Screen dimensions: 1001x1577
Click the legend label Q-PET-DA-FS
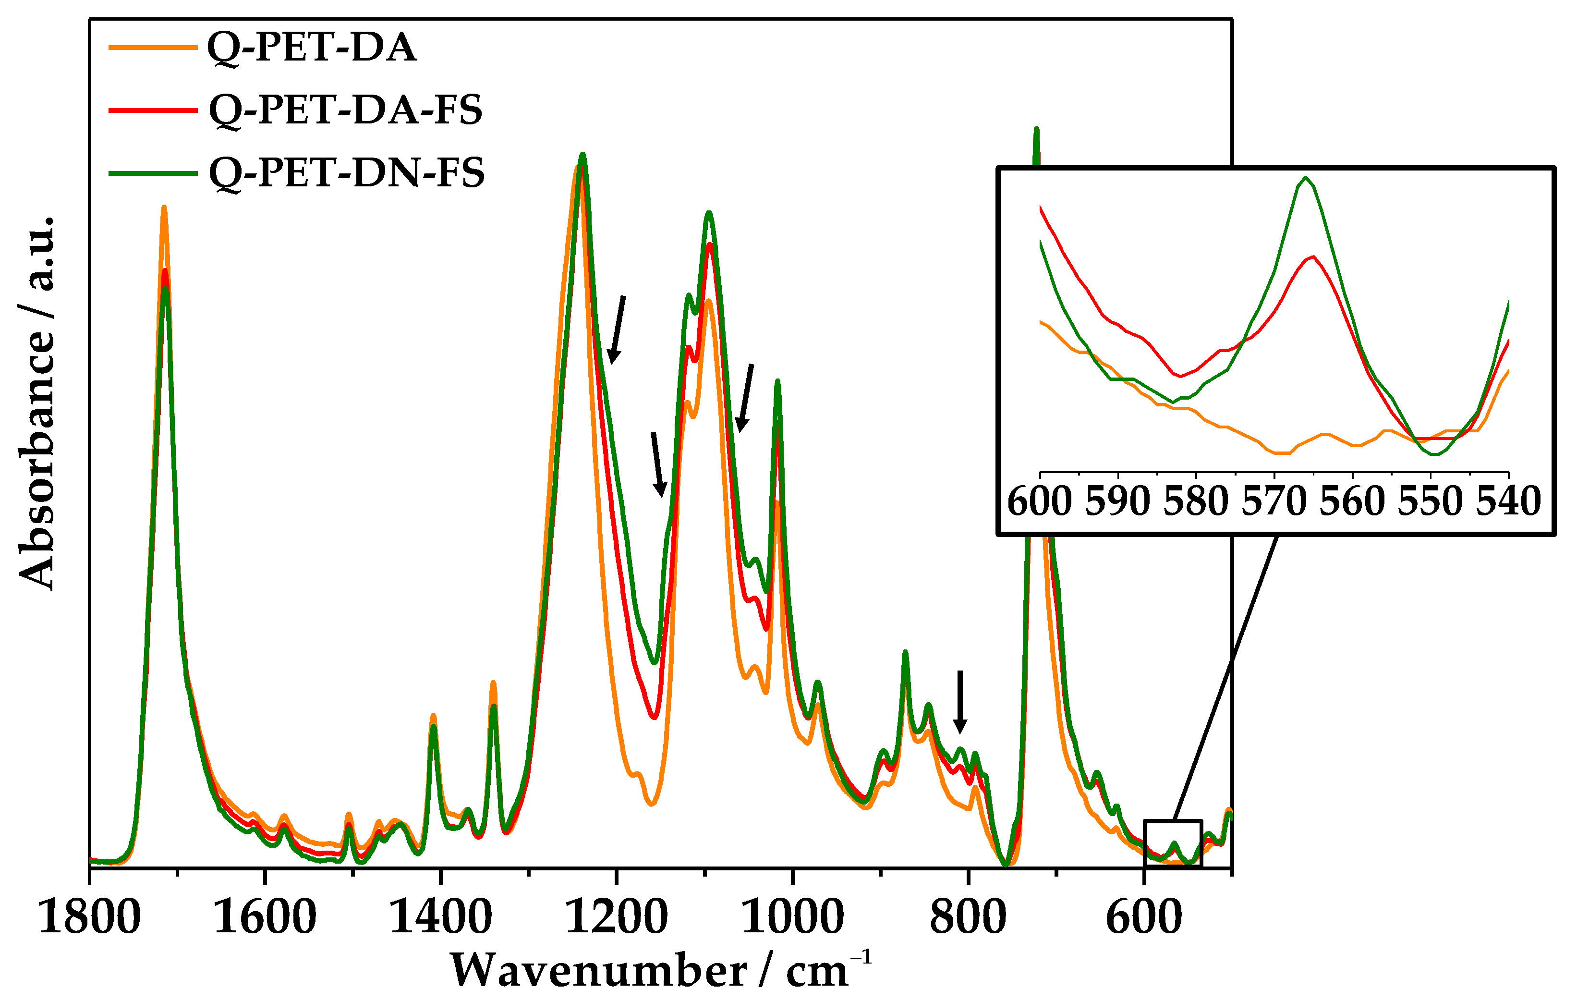[x=345, y=110]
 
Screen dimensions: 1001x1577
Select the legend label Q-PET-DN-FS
[x=346, y=173]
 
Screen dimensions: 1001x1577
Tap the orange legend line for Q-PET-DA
[x=153, y=47]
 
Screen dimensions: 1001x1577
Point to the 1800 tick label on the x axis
[x=90, y=917]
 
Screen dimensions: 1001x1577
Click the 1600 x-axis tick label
[x=265, y=917]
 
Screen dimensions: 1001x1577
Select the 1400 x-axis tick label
[x=441, y=917]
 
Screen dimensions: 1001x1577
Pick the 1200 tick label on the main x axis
[x=616, y=917]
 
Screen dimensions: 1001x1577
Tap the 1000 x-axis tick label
[x=792, y=917]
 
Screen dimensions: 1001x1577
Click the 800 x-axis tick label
[x=968, y=917]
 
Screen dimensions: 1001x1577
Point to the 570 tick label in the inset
[x=1274, y=502]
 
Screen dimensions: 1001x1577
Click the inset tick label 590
[x=1117, y=502]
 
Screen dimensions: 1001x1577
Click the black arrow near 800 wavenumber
[x=959, y=701]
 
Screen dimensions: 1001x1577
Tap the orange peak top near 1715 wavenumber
[x=164, y=207]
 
